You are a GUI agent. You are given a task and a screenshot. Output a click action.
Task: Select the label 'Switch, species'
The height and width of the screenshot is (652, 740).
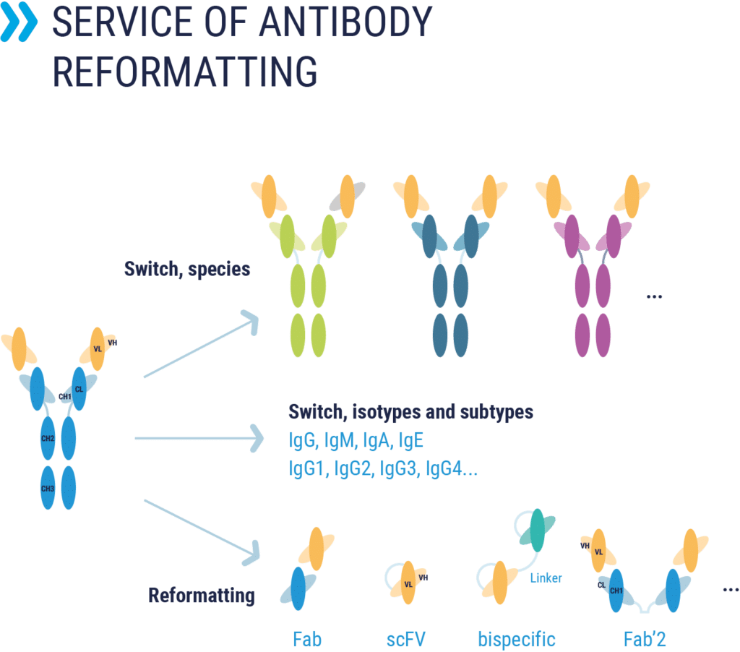[187, 269]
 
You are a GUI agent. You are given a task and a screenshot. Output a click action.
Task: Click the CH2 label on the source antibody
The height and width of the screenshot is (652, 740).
[48, 438]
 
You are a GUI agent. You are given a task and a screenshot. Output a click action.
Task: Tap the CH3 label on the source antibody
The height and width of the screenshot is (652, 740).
[48, 489]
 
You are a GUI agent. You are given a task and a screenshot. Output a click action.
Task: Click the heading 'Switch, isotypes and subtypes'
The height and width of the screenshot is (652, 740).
[410, 412]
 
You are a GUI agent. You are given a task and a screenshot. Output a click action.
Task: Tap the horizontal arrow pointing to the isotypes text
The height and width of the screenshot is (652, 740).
[199, 438]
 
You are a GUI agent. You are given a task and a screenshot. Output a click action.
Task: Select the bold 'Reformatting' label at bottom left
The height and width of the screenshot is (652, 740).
[202, 596]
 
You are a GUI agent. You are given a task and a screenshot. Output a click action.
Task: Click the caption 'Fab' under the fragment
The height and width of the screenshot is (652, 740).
[307, 639]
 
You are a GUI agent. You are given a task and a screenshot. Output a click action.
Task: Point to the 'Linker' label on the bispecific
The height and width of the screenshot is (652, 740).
[546, 577]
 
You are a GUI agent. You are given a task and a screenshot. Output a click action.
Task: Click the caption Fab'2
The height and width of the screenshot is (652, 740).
[644, 639]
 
